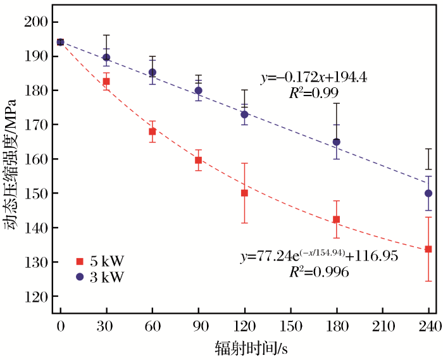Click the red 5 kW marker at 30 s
106,81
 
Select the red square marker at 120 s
244,193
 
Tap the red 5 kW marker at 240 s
428,249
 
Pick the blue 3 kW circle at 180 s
336,142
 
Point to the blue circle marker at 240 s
428,193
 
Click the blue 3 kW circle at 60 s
152,73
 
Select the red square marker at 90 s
198,160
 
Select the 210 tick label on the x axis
382,326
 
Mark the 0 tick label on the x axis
60,326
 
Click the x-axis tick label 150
290,326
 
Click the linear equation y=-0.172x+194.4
314,78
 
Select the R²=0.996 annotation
320,272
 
